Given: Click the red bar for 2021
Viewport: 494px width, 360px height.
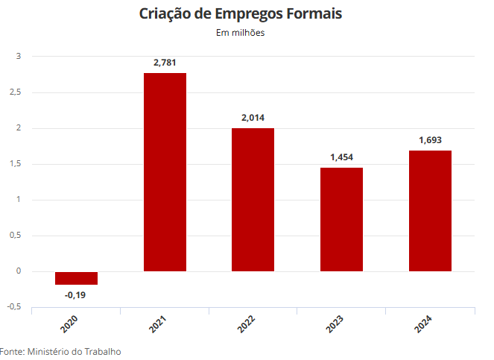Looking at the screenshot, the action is click(x=165, y=172).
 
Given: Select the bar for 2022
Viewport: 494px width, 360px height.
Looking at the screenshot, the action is click(x=253, y=200).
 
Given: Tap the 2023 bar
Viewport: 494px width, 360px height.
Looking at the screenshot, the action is click(x=341, y=219).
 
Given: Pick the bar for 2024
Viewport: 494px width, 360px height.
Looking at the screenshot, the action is click(x=430, y=211).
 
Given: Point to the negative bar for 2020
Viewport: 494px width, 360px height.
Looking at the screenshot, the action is click(x=76, y=278).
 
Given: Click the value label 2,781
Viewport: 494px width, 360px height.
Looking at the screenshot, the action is click(x=165, y=63).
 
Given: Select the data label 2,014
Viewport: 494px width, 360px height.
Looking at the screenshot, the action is click(x=253, y=118).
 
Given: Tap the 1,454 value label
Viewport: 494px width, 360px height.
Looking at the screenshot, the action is click(x=341, y=157).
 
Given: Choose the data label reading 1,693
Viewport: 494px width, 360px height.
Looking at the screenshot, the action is click(x=430, y=140).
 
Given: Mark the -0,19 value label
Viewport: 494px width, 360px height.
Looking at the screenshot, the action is click(x=75, y=295).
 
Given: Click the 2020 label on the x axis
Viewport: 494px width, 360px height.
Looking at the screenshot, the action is click(x=69, y=323).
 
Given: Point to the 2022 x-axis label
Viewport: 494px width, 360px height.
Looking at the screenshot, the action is click(x=246, y=323).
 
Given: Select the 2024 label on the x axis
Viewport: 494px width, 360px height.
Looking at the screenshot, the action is click(x=422, y=323).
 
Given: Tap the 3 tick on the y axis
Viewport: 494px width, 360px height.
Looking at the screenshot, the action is click(x=19, y=57).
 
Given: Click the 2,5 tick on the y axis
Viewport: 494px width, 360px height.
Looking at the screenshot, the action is click(x=15, y=92).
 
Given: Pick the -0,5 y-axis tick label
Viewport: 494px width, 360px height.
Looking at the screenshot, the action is click(x=14, y=307).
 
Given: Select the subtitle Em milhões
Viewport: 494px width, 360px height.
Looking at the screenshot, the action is click(x=241, y=33).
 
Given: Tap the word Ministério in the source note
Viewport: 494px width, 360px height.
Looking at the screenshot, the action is click(x=48, y=352).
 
